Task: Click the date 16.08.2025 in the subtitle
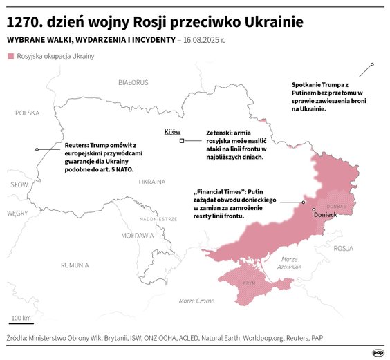point(210,40)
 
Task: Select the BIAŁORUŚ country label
point(133,82)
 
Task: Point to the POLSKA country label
point(28,113)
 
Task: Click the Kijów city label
point(172,131)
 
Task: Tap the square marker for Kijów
point(181,141)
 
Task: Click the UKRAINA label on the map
point(151,182)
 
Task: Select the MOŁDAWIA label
point(137,235)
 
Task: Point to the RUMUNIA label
point(74,265)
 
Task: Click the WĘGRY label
point(17,214)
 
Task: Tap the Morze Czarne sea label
point(196,301)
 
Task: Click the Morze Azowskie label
point(290,263)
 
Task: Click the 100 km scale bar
point(21,322)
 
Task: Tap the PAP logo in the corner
point(378,352)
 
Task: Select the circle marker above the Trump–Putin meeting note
point(372,64)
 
